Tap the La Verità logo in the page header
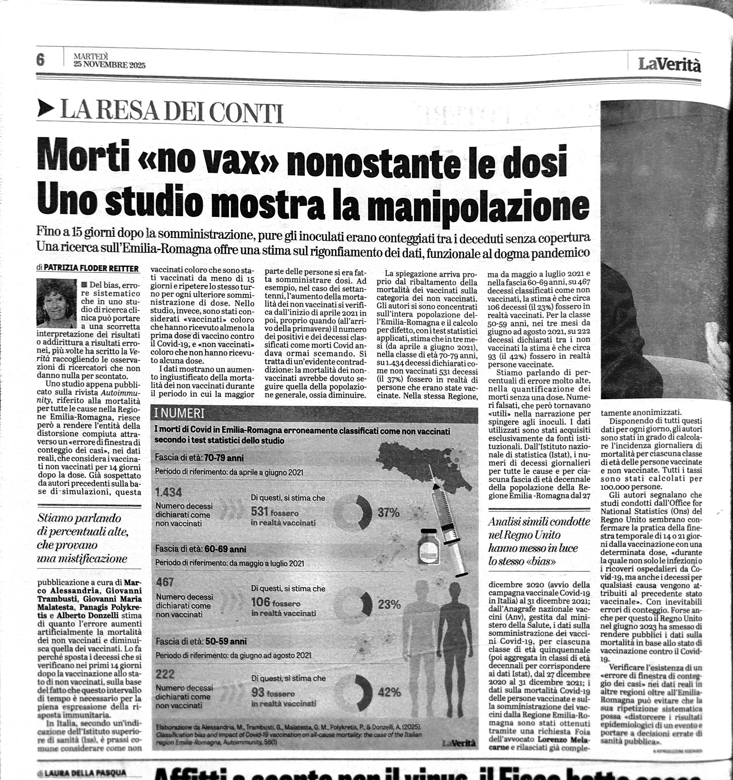(669, 64)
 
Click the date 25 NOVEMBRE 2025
(109, 65)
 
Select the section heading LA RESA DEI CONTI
(172, 112)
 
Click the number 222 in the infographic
(165, 674)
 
